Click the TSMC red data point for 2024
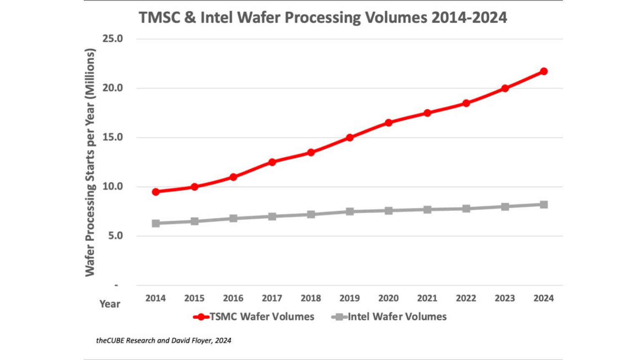(543, 71)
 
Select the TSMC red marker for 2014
(156, 192)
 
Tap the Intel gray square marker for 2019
(350, 211)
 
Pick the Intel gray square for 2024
(543, 204)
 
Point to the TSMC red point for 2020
(389, 123)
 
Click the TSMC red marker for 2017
(272, 162)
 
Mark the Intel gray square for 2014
(156, 223)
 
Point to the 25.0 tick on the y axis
(112, 39)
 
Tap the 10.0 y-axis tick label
(112, 186)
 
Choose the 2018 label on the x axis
(311, 298)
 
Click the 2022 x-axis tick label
(466, 298)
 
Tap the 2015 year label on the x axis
(194, 298)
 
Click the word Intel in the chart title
(217, 18)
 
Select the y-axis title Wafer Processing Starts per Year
(90, 163)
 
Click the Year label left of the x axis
(110, 304)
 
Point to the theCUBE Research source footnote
(164, 340)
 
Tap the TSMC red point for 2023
(505, 88)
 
